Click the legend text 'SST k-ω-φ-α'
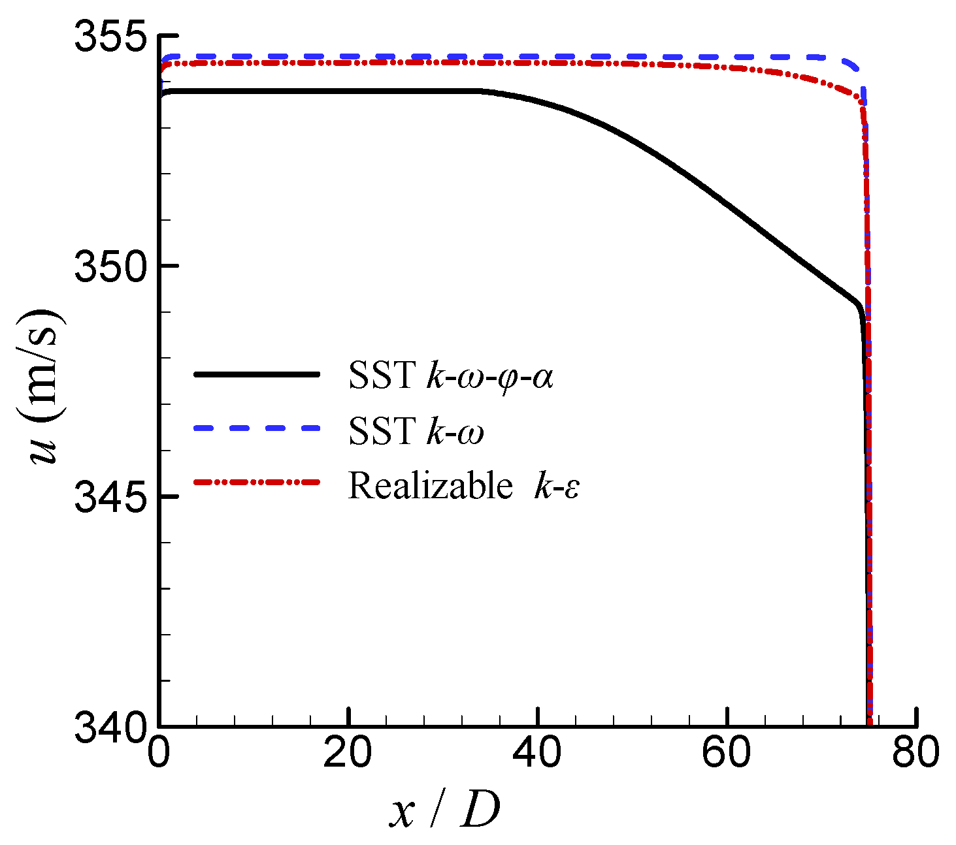click(x=451, y=377)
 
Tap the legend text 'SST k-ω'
click(x=416, y=431)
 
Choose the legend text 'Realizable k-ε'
click(x=464, y=485)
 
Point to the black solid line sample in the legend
click(x=257, y=374)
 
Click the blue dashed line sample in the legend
click(x=257, y=428)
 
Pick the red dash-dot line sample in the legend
click(x=257, y=483)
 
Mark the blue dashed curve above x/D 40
click(x=537, y=57)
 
